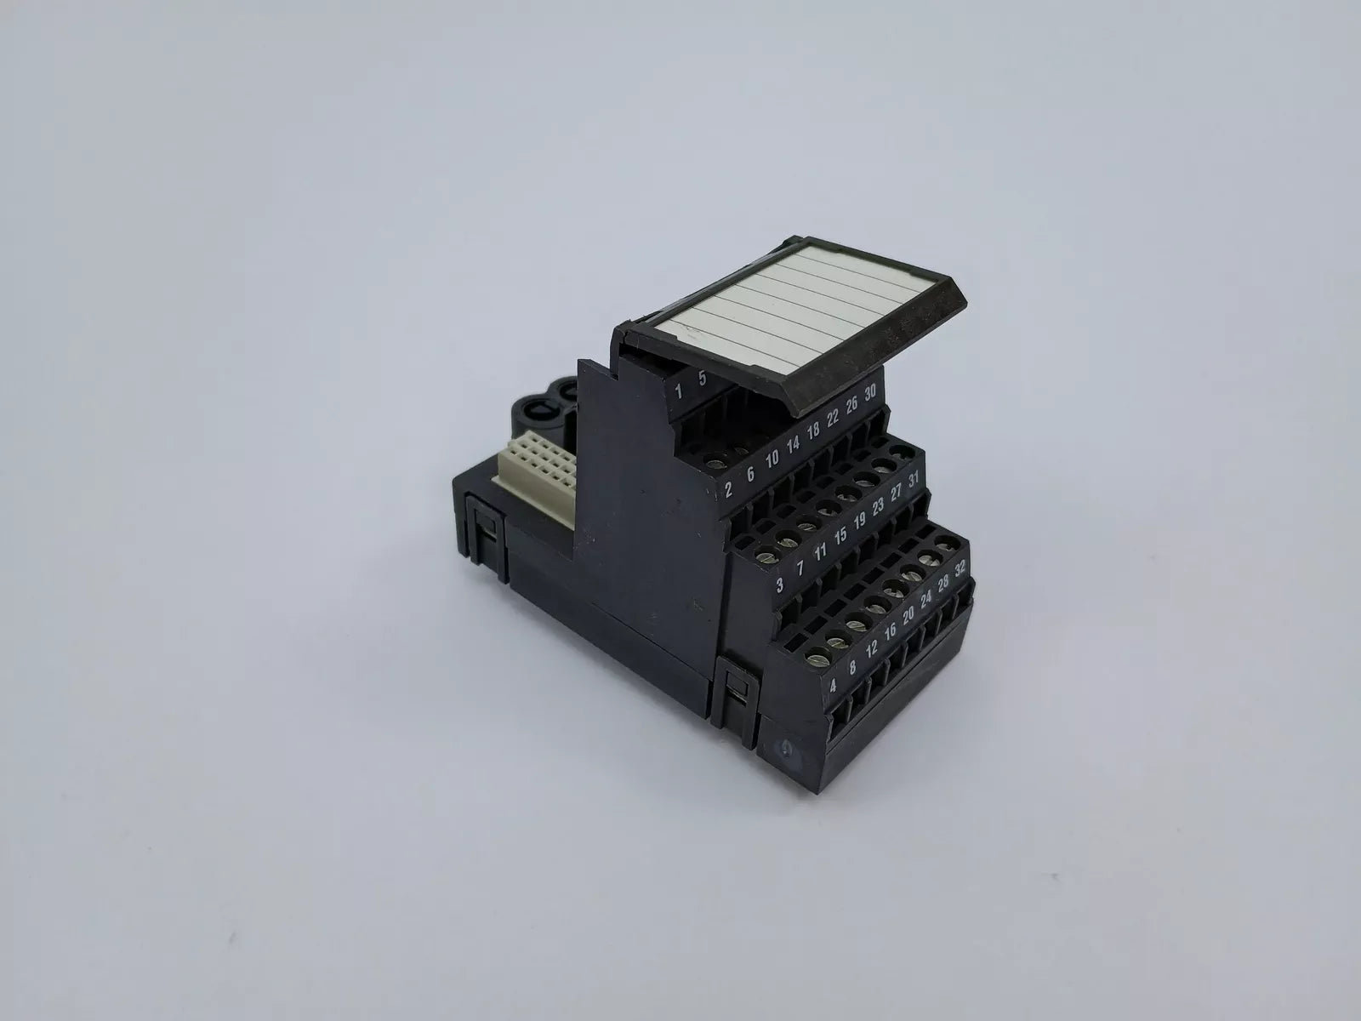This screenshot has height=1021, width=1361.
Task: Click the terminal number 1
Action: tap(678, 391)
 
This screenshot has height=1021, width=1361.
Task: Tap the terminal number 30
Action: tap(870, 391)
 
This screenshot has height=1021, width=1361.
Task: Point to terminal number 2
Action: tap(728, 490)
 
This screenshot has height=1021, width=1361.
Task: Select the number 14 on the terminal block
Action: tap(793, 444)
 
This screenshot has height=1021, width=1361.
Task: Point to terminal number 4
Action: tap(833, 686)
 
